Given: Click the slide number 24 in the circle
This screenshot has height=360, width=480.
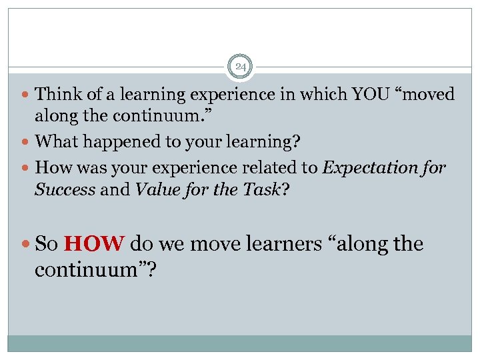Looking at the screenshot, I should [x=240, y=67].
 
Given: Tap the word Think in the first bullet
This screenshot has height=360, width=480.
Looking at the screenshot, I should [x=55, y=95].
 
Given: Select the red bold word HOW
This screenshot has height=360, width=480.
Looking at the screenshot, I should [x=94, y=244].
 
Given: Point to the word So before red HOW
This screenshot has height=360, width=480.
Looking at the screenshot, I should [x=47, y=244].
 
